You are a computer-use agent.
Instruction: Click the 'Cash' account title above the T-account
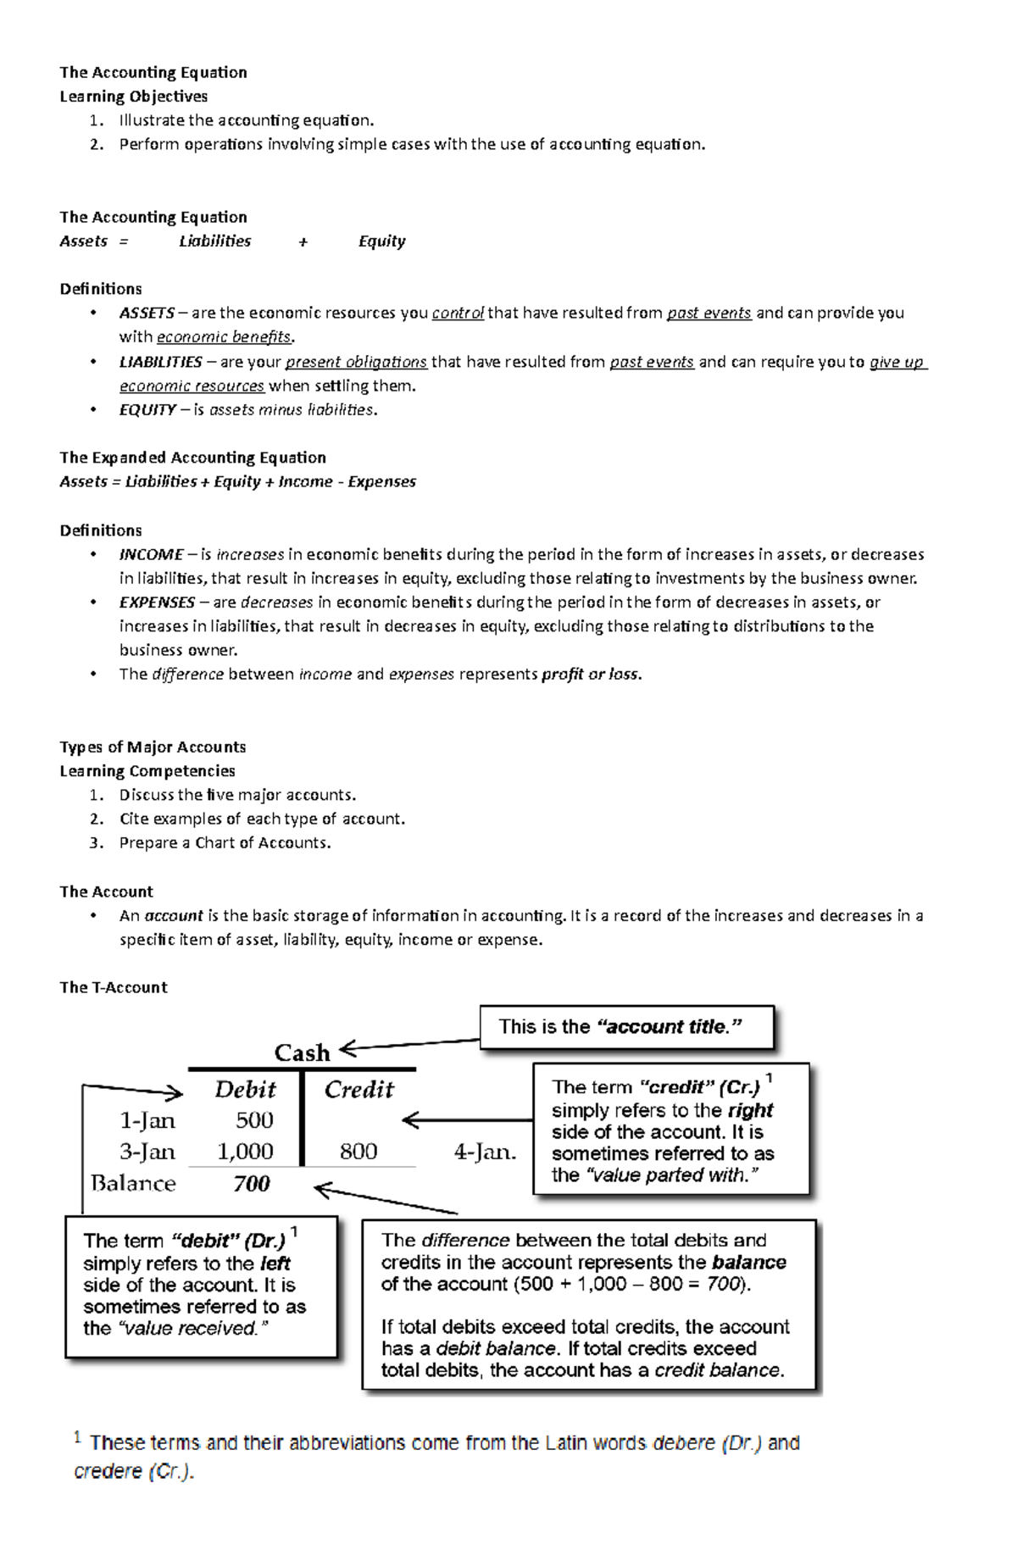302,1052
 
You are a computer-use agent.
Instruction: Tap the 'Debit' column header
245,1089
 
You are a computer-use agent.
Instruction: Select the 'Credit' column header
358,1089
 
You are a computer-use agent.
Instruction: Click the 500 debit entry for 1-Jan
254,1120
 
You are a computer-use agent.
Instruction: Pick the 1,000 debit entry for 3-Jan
245,1152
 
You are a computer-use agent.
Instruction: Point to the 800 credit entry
358,1152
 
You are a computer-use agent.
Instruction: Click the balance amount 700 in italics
252,1184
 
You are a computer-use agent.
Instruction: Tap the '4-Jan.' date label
485,1152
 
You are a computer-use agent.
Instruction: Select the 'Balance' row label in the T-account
133,1184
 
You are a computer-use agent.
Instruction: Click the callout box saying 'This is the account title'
626,1027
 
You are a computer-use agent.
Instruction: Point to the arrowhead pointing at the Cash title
347,1050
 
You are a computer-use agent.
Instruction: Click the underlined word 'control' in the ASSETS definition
458,313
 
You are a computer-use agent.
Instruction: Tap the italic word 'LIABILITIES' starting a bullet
160,362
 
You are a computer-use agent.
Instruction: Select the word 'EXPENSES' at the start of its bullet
157,603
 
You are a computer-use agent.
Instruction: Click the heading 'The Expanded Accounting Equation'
192,458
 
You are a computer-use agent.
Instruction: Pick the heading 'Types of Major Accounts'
153,747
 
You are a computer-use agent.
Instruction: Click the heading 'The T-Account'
114,987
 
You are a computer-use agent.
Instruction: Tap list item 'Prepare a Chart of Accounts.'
225,842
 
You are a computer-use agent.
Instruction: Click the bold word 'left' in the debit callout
275,1263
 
